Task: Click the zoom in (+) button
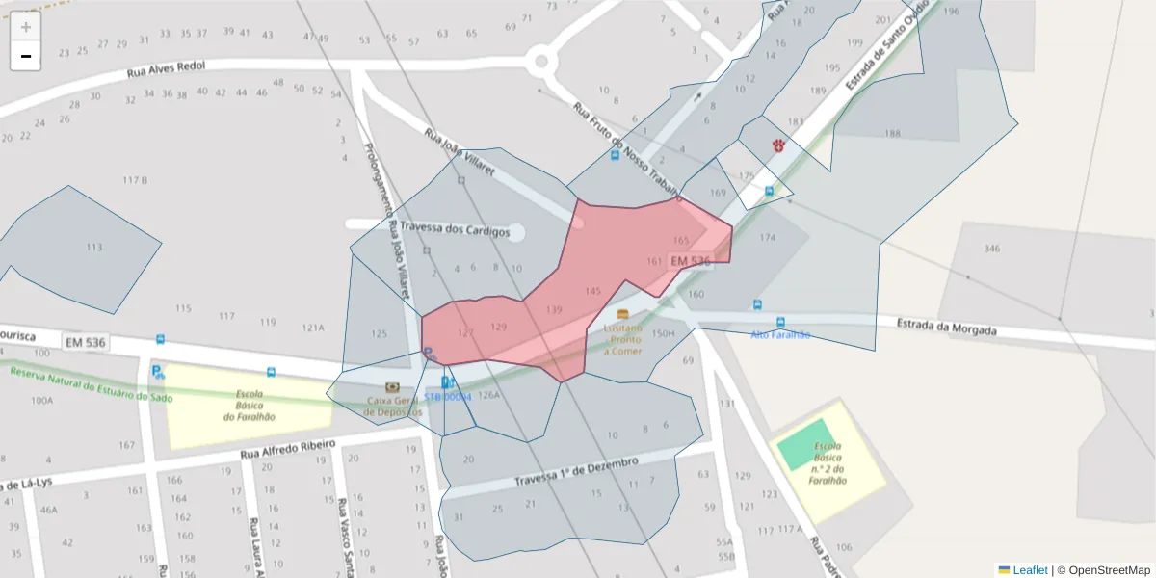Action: [x=26, y=27]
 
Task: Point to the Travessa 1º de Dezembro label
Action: [x=576, y=472]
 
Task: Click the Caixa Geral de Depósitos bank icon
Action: [x=392, y=387]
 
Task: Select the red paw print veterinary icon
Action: [x=777, y=144]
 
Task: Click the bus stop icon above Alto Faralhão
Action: [x=780, y=322]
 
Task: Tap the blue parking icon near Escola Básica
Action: [x=157, y=371]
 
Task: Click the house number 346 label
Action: [x=991, y=249]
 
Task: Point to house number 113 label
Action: [x=93, y=248]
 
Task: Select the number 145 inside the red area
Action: [x=592, y=291]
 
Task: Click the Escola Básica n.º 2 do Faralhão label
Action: [x=828, y=463]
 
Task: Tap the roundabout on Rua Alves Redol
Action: [x=541, y=64]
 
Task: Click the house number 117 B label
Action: [x=135, y=180]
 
